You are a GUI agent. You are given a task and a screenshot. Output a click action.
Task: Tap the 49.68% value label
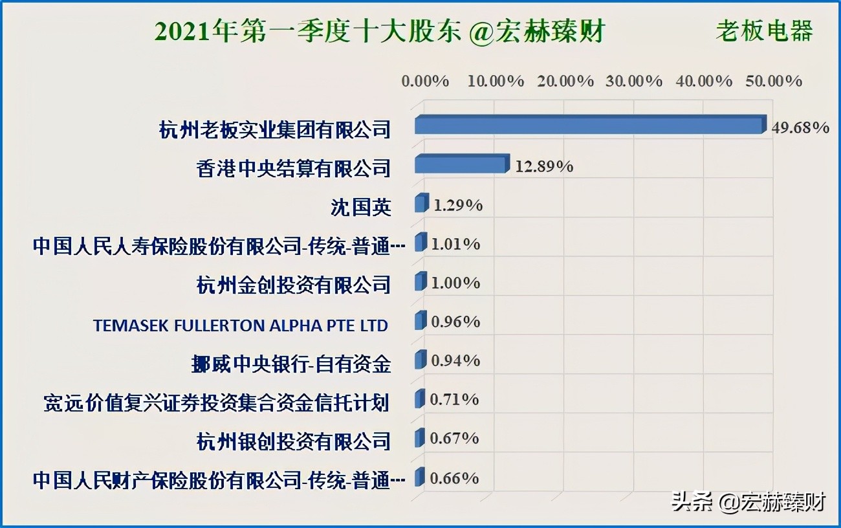pos(800,127)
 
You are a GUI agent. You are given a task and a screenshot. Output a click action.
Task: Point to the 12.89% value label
pos(544,166)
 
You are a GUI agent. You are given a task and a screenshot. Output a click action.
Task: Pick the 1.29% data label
pos(458,206)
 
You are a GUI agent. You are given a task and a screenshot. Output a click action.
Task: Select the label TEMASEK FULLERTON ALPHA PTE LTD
pos(241,325)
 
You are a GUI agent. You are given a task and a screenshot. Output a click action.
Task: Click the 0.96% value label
pos(455,322)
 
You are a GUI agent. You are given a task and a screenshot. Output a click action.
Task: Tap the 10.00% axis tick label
pos(496,81)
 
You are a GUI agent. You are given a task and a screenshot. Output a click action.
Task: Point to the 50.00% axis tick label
pos(774,81)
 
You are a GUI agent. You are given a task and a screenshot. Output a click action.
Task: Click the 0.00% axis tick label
pos(426,81)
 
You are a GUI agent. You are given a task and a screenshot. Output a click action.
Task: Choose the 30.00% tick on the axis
pos(635,81)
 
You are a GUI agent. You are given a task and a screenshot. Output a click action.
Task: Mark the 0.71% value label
pos(455,400)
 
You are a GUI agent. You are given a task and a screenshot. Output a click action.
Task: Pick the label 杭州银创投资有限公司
pos(294,441)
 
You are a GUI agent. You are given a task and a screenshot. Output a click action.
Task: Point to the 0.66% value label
pos(455,478)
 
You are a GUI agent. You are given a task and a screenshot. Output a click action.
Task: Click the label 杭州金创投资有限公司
pos(294,285)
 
